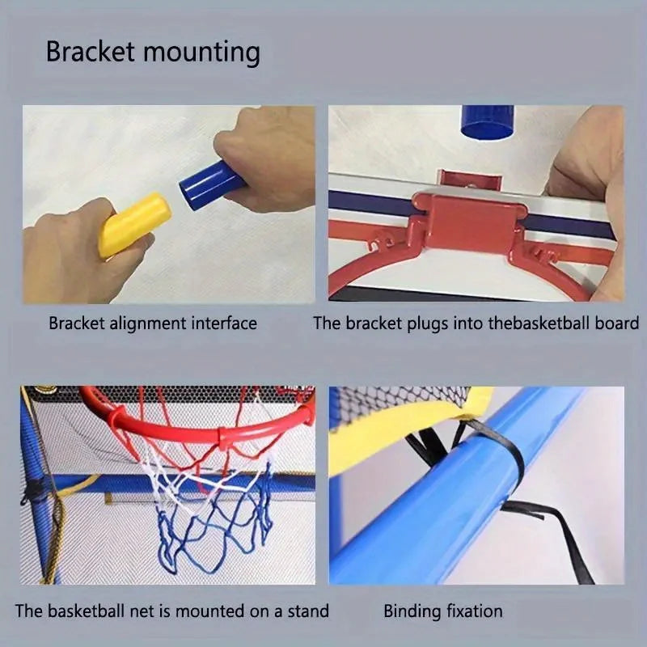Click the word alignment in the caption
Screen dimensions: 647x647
145,323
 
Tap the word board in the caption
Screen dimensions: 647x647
618,323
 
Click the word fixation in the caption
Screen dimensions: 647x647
473,611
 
